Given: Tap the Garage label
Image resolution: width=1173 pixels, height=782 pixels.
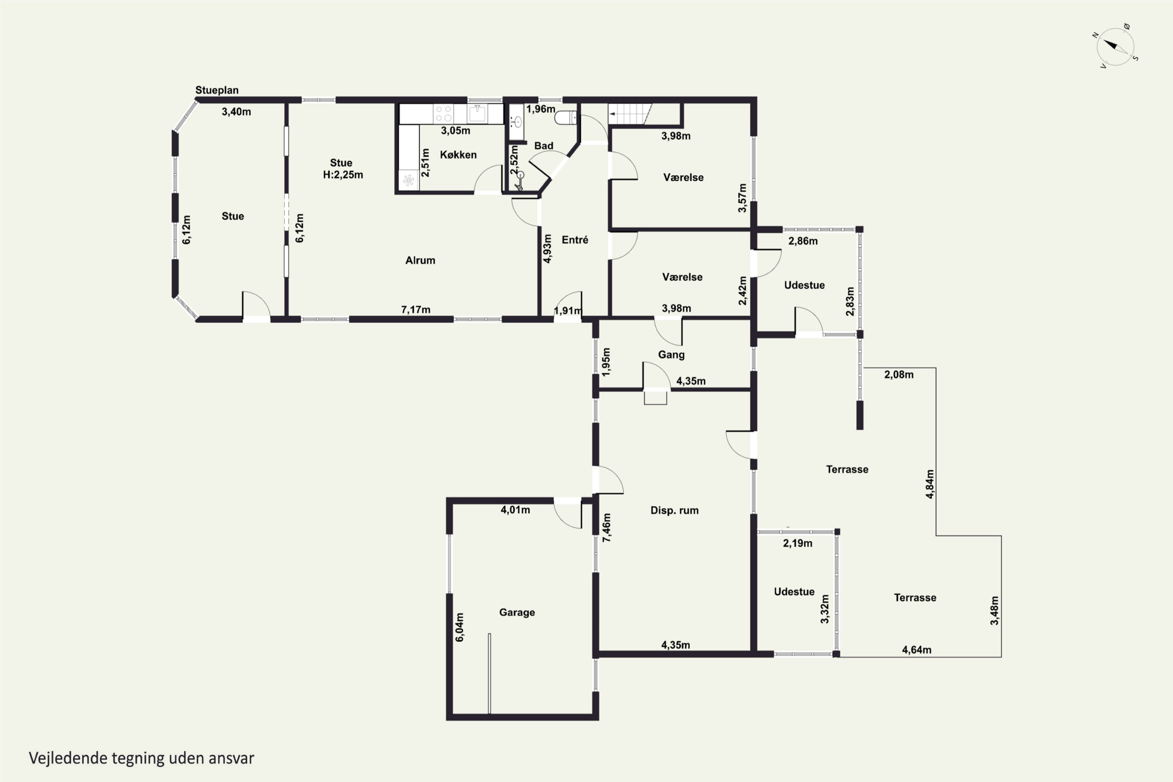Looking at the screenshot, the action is pyautogui.click(x=517, y=612).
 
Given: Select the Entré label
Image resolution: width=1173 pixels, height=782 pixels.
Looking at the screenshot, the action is pyautogui.click(x=574, y=240).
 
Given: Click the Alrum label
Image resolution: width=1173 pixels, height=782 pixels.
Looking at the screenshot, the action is pyautogui.click(x=420, y=260).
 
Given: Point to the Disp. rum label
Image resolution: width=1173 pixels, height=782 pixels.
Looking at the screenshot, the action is pyautogui.click(x=674, y=511).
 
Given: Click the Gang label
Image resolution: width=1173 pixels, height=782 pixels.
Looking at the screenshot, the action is pyautogui.click(x=671, y=355).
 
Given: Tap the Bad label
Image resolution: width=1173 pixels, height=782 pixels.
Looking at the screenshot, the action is pyautogui.click(x=543, y=145).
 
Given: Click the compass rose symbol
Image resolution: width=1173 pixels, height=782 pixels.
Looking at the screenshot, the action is pyautogui.click(x=1116, y=47).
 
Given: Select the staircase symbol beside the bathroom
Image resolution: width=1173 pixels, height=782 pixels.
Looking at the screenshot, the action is pyautogui.click(x=630, y=114).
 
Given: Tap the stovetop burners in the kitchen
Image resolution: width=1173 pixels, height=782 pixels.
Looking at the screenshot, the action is pyautogui.click(x=443, y=114).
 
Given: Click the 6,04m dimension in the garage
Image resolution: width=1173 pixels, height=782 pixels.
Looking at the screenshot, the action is pyautogui.click(x=459, y=627).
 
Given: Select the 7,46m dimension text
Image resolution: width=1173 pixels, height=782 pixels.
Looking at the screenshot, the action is pyautogui.click(x=606, y=527).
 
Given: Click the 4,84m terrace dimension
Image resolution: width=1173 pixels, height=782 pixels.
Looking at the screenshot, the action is pyautogui.click(x=930, y=484).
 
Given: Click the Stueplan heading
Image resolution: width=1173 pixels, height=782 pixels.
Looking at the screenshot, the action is pyautogui.click(x=217, y=90).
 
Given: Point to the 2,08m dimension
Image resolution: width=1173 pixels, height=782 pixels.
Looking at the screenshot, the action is pyautogui.click(x=899, y=375).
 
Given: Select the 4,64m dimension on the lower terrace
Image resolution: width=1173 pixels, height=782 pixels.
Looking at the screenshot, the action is pyautogui.click(x=917, y=650).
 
